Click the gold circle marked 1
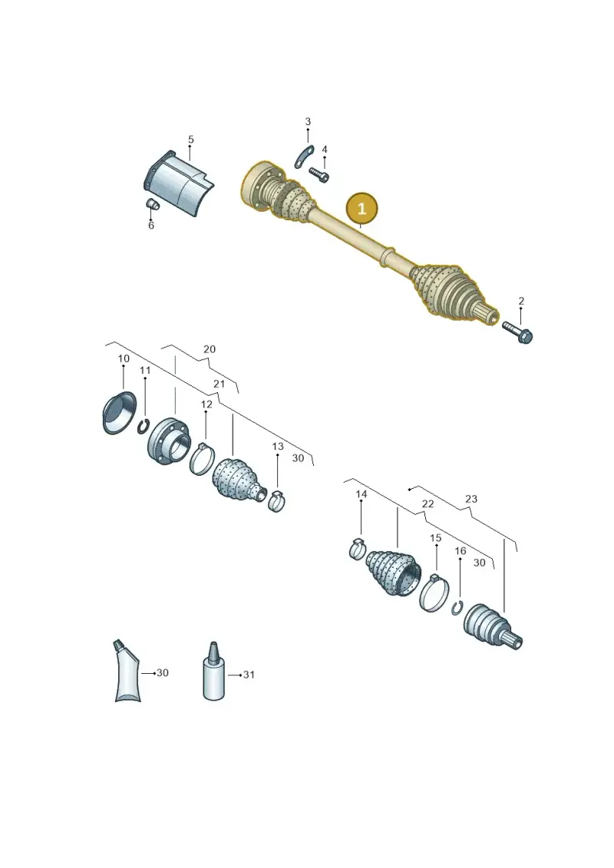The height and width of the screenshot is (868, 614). [x=361, y=209]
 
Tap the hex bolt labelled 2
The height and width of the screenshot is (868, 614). [x=517, y=332]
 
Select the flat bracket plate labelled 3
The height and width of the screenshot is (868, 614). [x=304, y=157]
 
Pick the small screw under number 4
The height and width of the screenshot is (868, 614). [x=319, y=174]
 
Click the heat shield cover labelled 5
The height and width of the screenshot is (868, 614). [x=178, y=183]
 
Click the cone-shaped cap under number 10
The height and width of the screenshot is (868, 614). [x=119, y=413]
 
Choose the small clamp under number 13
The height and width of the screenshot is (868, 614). [x=276, y=501]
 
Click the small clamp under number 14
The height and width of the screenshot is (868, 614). [x=358, y=549]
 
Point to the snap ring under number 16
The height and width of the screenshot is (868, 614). [x=457, y=607]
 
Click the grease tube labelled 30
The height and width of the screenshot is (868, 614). [x=127, y=671]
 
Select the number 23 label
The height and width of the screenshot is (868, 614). [x=470, y=499]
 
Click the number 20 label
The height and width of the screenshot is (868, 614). [x=210, y=349]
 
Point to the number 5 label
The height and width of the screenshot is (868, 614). [x=191, y=140]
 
